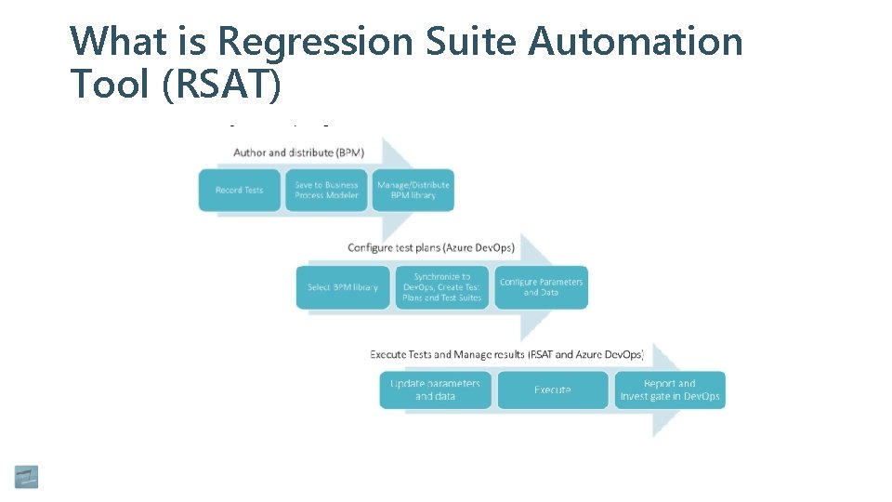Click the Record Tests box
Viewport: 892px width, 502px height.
coord(240,191)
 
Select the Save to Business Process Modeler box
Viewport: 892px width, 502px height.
coord(326,191)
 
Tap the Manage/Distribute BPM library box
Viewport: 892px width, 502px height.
coord(413,191)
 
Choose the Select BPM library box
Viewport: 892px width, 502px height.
coord(343,287)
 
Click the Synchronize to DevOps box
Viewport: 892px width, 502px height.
coord(441,287)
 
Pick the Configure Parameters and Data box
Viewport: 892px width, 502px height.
coord(541,287)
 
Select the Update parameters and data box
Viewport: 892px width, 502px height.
coord(435,390)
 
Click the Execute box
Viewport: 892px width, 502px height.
coord(553,390)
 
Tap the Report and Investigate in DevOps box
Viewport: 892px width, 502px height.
coord(669,390)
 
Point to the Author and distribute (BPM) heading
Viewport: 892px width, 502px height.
coord(297,152)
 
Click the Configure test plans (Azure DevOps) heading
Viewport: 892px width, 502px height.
coord(431,247)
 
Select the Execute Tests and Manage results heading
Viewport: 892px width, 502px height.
coord(506,355)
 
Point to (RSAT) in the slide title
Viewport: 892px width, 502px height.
coord(220,85)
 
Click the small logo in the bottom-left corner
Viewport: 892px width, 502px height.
coord(26,476)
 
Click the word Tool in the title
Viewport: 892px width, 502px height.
coord(110,85)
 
